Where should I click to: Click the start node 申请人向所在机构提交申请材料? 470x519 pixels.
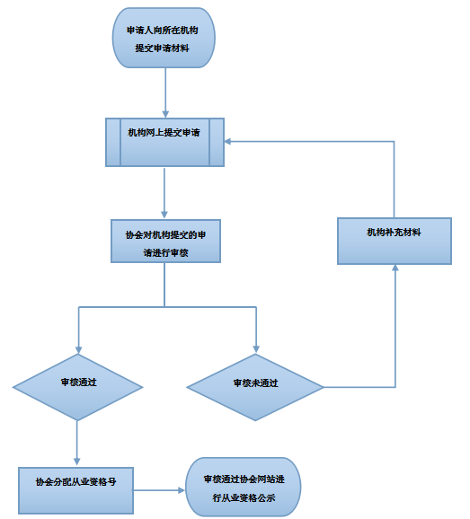click(x=164, y=38)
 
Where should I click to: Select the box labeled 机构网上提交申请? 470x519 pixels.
click(x=165, y=143)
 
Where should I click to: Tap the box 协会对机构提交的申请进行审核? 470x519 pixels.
click(x=165, y=241)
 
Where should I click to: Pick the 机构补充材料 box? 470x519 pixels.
click(x=395, y=241)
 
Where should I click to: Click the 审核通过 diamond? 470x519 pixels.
click(x=78, y=387)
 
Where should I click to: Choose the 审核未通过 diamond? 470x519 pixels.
click(x=255, y=387)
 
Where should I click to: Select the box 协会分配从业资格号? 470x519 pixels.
click(x=75, y=490)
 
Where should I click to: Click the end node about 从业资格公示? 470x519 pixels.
click(x=244, y=488)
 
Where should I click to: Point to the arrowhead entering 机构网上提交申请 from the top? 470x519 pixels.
click(x=165, y=114)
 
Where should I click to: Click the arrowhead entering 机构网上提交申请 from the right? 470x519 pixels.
click(x=228, y=142)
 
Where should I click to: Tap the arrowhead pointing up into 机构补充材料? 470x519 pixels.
click(x=395, y=268)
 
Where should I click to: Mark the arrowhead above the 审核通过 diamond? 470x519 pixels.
click(x=78, y=350)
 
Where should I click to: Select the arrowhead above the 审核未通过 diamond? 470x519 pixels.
click(x=256, y=349)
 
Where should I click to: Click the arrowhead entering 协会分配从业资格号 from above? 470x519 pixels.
click(x=77, y=462)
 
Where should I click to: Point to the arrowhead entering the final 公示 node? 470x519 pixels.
click(x=182, y=490)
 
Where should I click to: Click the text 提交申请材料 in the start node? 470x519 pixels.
click(x=162, y=48)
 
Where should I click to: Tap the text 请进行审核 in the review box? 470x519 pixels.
click(x=165, y=253)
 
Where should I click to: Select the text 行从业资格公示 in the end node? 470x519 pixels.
click(x=244, y=497)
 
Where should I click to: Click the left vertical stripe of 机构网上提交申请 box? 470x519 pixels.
click(x=113, y=143)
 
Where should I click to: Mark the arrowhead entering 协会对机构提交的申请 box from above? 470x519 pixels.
click(x=164, y=215)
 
